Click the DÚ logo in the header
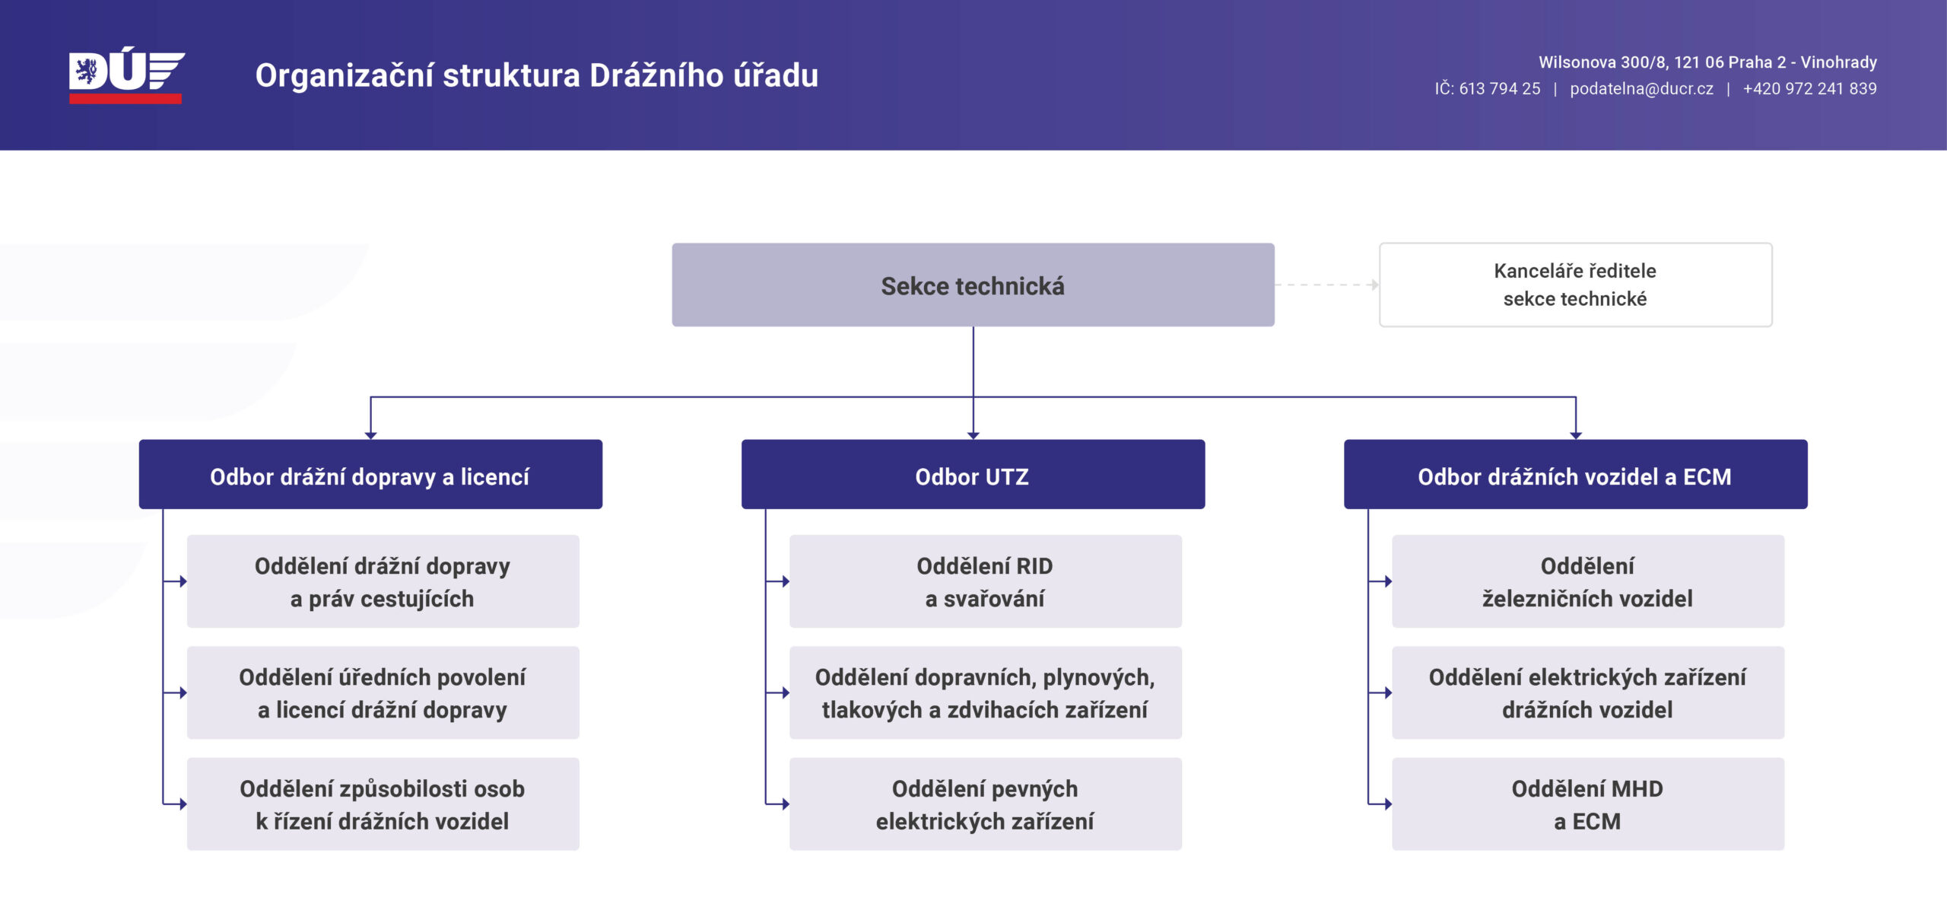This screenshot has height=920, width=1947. point(126,75)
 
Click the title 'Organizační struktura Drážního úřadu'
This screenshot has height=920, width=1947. point(537,75)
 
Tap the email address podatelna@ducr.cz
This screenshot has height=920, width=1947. point(1641,88)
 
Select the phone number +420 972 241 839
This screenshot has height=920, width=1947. point(1809,88)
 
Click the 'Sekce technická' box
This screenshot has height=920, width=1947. point(973,285)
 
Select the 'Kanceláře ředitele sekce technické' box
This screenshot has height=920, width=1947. point(1575,285)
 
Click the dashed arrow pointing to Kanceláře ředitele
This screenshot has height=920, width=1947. point(1327,285)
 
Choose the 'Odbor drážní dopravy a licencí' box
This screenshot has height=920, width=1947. point(370,475)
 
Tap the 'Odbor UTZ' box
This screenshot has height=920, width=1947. point(973,475)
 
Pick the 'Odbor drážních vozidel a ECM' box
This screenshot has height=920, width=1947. point(1575,475)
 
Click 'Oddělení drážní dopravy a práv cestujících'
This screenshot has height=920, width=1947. point(383,581)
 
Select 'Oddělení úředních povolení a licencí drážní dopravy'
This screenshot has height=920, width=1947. point(383,692)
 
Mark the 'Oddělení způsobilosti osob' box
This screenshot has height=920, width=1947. point(383,804)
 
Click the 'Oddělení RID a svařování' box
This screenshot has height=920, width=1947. point(985,581)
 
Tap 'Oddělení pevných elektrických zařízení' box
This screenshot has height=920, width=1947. point(985,804)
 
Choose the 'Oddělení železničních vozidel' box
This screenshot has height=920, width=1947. point(1587,581)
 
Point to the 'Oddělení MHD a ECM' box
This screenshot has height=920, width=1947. point(1587,804)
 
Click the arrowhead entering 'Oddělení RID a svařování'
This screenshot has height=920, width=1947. point(786,581)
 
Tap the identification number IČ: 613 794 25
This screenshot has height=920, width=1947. point(1487,88)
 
